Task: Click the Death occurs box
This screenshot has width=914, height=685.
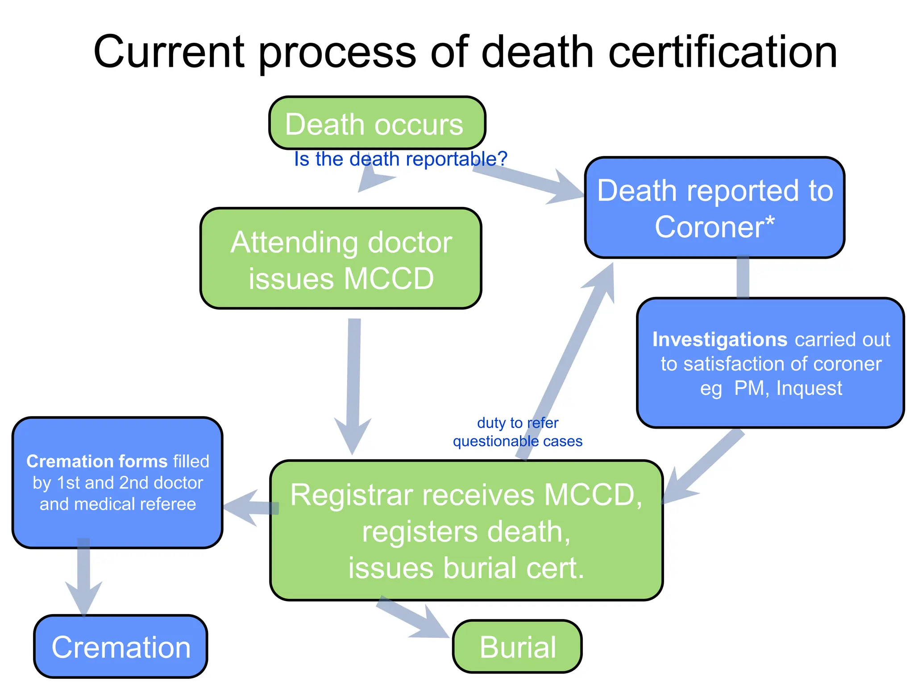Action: coord(377,123)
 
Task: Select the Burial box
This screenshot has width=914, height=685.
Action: coord(517,646)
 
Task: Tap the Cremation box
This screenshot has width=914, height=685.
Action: coord(120,647)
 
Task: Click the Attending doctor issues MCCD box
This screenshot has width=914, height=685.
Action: coord(341,259)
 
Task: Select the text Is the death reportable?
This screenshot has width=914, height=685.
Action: coord(400,159)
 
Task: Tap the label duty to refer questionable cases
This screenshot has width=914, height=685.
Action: coord(517,432)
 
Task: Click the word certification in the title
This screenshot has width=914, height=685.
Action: coord(723,52)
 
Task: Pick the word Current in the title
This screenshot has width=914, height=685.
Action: coord(169,52)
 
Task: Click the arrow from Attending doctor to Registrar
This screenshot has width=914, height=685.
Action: coord(353,384)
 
